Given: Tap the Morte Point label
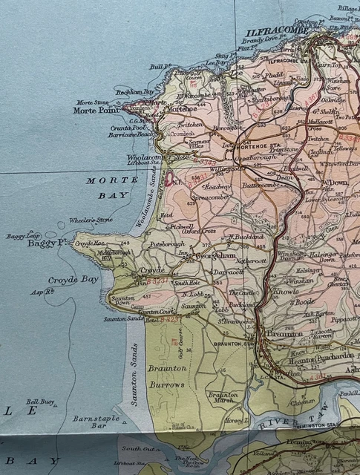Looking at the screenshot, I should pyautogui.click(x=96, y=111).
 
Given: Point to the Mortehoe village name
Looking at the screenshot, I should pyautogui.click(x=183, y=108).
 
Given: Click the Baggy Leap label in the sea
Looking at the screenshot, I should pyautogui.click(x=22, y=236).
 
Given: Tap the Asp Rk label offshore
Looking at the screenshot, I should pyautogui.click(x=43, y=292).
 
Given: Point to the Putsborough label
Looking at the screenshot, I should pyautogui.click(x=166, y=243).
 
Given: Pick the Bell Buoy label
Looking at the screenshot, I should pyautogui.click(x=41, y=402).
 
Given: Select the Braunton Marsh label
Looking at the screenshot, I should pyautogui.click(x=223, y=398).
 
